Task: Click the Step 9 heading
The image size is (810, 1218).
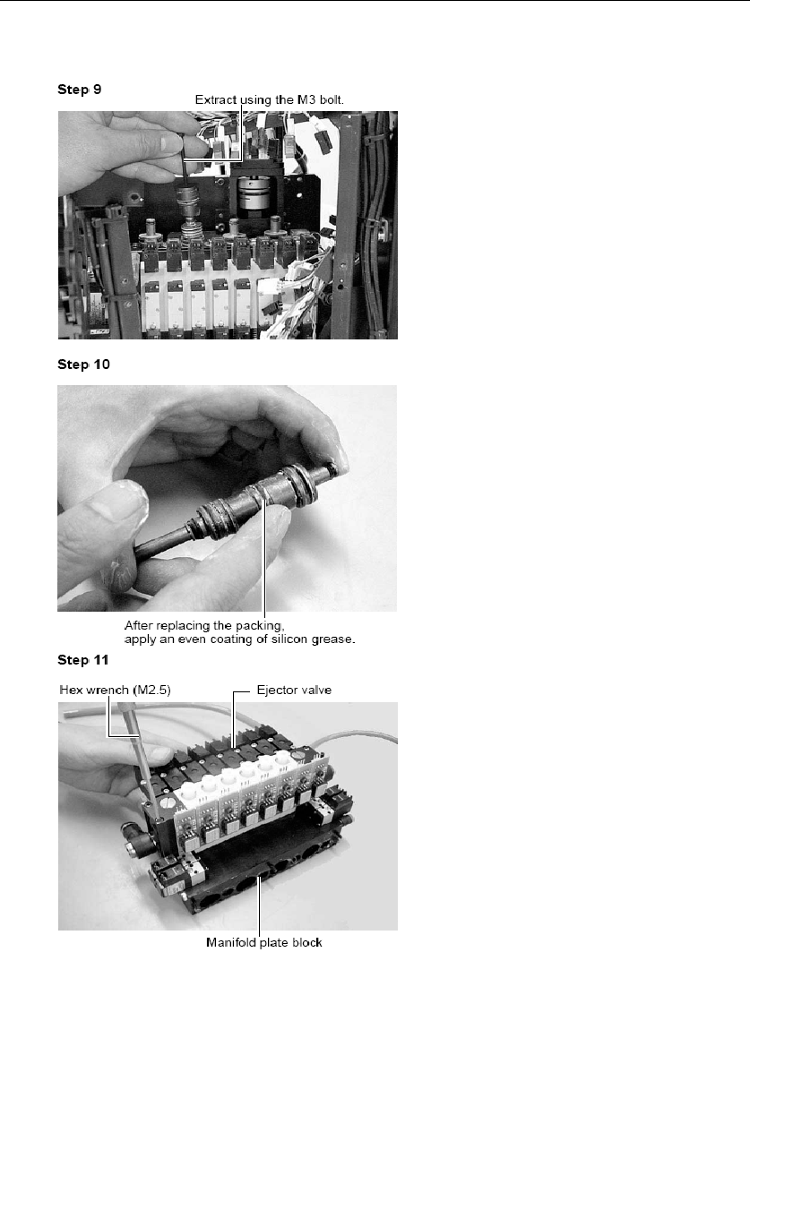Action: [80, 90]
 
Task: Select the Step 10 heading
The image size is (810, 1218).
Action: [83, 365]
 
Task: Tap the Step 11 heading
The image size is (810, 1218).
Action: [83, 660]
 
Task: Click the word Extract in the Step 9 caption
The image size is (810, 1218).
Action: [216, 100]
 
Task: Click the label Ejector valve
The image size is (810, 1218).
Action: [294, 690]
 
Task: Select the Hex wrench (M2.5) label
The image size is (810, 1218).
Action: [115, 690]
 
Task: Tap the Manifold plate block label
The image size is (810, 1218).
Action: [263, 943]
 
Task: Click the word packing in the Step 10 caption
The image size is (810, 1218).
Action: [260, 626]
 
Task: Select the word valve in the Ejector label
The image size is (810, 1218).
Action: [316, 690]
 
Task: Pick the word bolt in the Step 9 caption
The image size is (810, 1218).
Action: [332, 100]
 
